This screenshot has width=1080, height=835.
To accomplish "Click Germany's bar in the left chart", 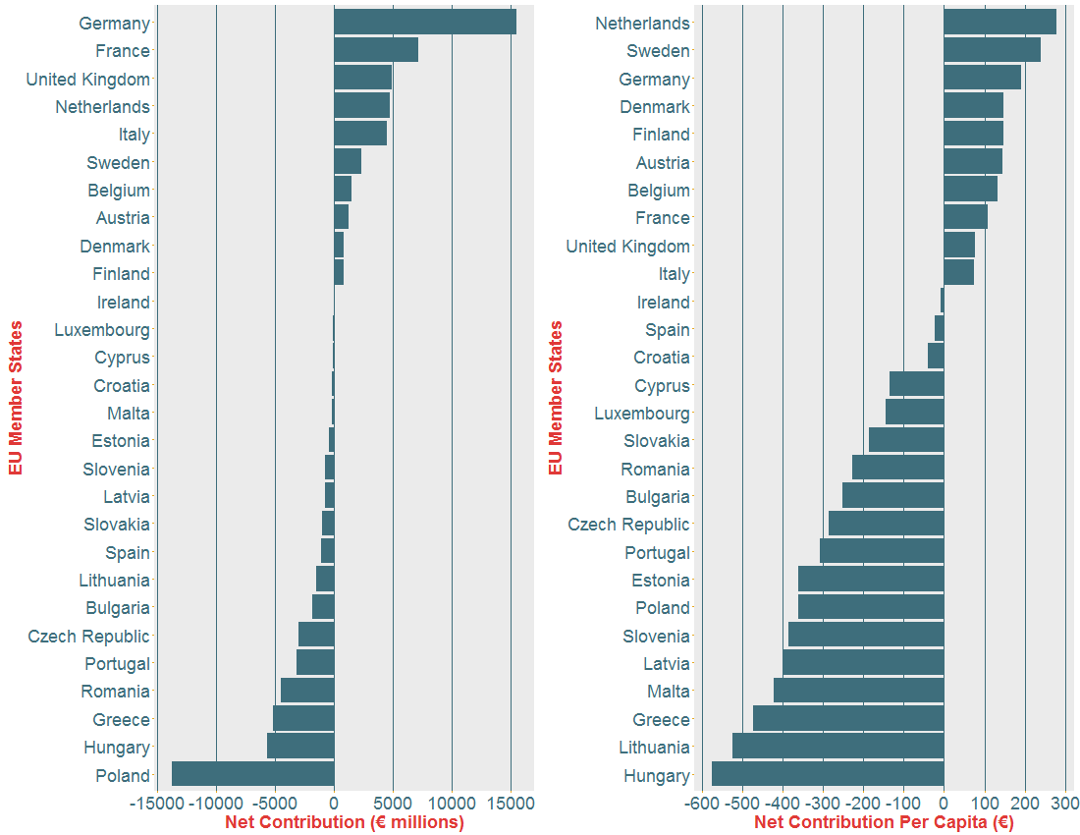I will pos(424,23).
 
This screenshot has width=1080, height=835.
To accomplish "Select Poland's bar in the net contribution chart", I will pos(252,775).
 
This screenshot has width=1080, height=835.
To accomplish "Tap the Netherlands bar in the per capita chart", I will pos(999,23).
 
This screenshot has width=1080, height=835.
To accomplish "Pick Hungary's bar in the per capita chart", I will pos(827,775).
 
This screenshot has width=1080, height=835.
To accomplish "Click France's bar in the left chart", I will pos(375,50).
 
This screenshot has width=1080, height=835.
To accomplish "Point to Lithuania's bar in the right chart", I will pos(837,748).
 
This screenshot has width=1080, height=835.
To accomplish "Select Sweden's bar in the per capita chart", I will pos(992,50).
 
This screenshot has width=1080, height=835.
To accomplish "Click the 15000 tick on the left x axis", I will pos(511,803).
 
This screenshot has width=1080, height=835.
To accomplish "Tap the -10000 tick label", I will pos(216,803).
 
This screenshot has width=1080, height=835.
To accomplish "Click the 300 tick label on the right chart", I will pos(1065,803).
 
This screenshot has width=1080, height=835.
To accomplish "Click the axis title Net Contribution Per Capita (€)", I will pos(884,822).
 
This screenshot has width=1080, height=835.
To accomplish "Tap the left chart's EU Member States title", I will pos(15,397).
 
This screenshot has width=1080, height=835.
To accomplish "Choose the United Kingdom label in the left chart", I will pos(87,79).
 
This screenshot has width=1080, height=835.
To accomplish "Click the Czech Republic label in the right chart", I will pos(628,525).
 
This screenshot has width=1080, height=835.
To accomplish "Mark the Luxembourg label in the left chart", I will pos(102,330).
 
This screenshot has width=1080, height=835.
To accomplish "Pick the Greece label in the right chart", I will pos(661,720).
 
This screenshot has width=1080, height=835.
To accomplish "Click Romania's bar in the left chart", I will pos(307,692).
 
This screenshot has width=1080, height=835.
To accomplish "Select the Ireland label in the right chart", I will pos(663,303).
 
